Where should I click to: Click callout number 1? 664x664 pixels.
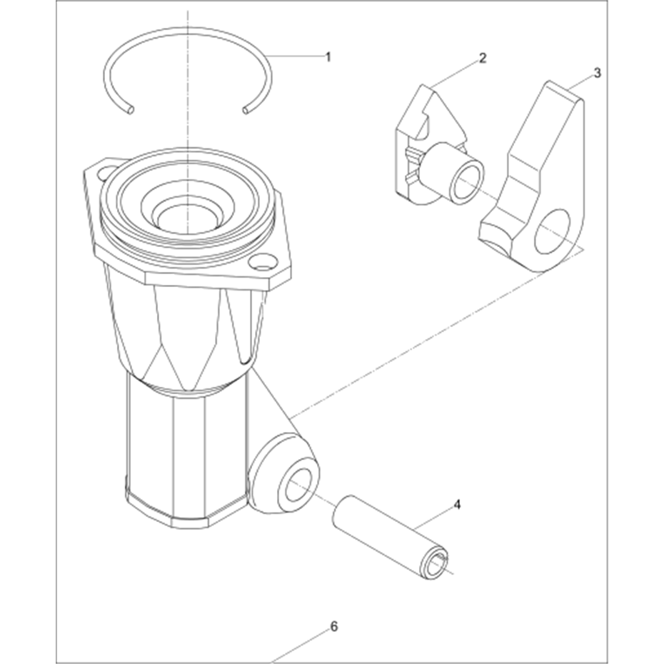coord(327,56)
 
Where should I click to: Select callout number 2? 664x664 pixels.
coord(483,58)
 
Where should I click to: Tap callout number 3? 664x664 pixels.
coord(597,73)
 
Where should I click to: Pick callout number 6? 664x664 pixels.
coord(334,626)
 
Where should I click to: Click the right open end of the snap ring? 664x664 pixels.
coord(246,110)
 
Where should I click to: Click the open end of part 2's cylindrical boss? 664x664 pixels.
coord(468,179)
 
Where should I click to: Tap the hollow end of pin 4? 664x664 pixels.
coord(436,565)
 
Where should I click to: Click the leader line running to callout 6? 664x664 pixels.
coord(300,647)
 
